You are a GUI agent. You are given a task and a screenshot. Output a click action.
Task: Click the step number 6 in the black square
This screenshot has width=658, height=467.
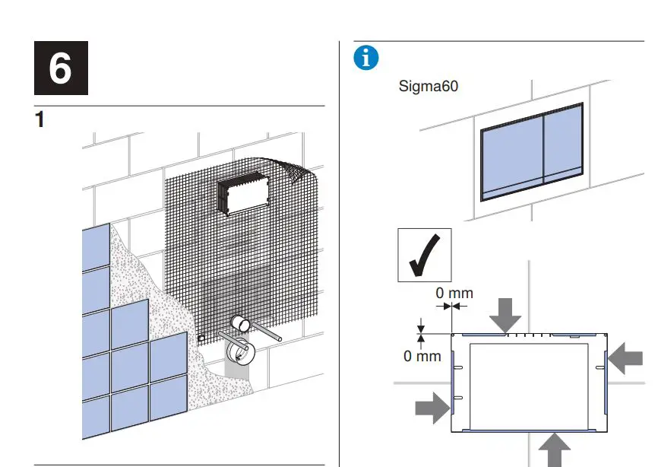(60, 69)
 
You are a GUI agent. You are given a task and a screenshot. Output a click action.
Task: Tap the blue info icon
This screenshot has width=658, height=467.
(366, 58)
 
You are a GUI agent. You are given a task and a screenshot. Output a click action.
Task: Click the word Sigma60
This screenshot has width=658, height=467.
(429, 86)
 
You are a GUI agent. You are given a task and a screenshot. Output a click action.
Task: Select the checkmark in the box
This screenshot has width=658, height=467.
(424, 255)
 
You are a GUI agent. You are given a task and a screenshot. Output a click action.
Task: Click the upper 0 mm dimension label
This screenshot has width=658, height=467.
(454, 293)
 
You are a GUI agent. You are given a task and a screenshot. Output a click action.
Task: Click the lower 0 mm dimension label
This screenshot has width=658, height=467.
(422, 355)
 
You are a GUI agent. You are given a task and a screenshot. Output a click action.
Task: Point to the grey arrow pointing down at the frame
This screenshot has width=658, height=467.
(505, 313)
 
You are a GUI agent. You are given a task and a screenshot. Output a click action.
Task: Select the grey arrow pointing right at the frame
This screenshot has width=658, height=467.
(432, 408)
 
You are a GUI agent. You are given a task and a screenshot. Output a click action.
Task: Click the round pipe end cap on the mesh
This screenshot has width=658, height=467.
(242, 325)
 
